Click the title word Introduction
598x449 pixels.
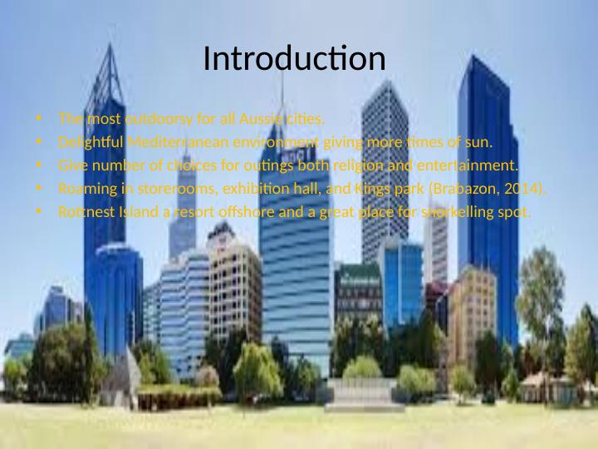coord(294,60)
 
